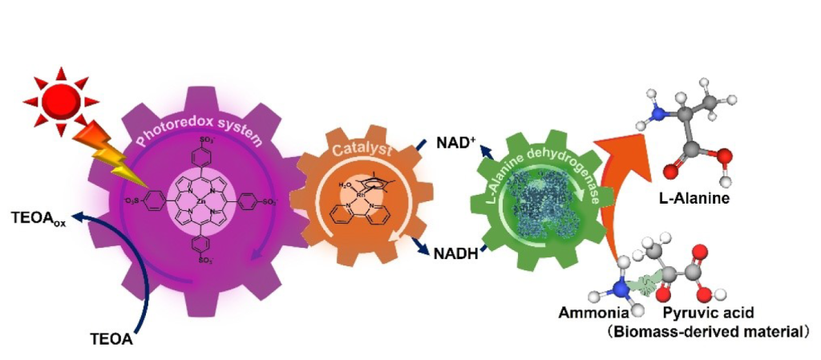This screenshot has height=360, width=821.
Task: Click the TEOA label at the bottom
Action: (x=110, y=340)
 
